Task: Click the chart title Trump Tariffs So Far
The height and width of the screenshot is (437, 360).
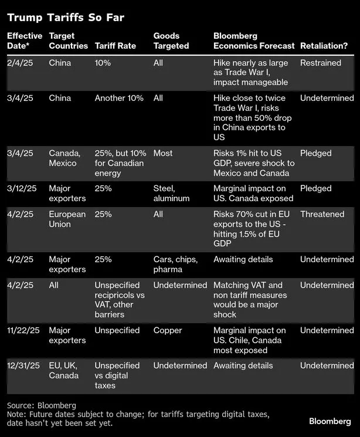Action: [66, 17]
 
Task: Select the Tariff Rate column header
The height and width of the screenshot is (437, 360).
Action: [115, 46]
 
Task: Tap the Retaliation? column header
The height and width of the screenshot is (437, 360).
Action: [324, 46]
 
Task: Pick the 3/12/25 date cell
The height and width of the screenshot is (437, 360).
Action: [24, 189]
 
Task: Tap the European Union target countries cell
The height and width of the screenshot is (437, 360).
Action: [67, 219]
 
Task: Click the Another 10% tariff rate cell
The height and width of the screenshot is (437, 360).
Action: [119, 98]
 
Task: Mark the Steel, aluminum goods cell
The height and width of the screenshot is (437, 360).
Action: [171, 194]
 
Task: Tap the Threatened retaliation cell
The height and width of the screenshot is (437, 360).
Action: [322, 215]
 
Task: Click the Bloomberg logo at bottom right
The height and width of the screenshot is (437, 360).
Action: [330, 421]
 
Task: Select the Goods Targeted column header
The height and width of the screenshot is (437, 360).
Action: [171, 41]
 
